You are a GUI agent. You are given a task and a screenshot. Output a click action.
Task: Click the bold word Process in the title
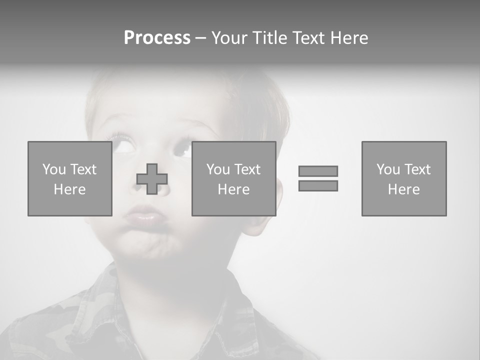157,38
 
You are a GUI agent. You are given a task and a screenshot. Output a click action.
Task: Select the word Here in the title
348,38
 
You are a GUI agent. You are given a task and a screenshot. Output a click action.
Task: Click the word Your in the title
228,38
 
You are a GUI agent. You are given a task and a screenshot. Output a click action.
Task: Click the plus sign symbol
152,179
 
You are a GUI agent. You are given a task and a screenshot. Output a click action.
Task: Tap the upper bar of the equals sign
318,171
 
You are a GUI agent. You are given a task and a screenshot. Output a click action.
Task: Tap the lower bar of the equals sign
318,185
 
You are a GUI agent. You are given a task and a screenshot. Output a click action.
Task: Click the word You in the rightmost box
388,169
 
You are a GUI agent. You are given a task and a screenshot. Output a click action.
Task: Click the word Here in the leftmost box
69,189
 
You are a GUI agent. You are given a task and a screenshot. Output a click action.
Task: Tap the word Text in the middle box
247,169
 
